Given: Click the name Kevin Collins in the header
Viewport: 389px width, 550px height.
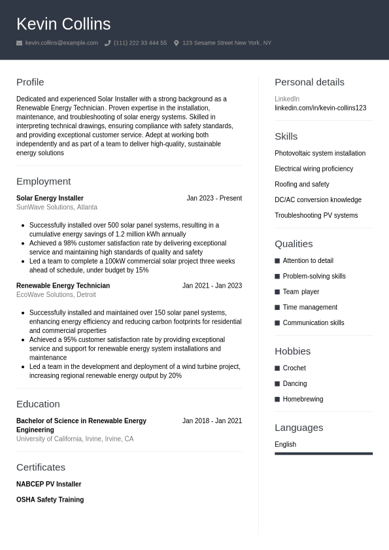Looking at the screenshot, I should pos(63,24).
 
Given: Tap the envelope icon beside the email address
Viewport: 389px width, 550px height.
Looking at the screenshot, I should pos(20,43).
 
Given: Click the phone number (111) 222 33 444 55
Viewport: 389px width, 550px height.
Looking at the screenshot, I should pos(140,43).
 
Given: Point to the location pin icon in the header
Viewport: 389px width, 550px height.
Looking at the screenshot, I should pos(176,43).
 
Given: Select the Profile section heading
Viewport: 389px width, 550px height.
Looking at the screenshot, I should pos(30,82).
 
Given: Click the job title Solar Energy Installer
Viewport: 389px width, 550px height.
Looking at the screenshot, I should pos(50,198).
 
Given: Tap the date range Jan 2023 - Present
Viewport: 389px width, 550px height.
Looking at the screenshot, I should pos(214,198).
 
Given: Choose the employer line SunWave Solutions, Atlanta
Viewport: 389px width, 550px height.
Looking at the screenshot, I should pos(57,207).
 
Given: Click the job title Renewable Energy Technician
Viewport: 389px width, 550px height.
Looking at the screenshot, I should pos(63,286).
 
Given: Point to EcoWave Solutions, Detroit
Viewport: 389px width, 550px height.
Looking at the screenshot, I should pos(56,295).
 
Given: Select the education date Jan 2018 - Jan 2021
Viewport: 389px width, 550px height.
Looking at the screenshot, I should pos(212,421).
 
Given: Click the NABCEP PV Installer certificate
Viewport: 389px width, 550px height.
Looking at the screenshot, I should pos(49,485).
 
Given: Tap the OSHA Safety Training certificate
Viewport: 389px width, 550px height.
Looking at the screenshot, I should pos(50,500).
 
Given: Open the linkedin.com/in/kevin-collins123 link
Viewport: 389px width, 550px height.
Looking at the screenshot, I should pos(320,108).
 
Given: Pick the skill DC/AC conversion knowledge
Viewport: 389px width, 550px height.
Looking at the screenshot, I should pos(318,200).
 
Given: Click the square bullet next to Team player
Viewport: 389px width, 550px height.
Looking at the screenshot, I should pos(277,292).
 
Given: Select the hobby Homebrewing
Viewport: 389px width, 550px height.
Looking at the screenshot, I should pos(303,399).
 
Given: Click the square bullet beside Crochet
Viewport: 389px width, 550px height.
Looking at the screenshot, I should pos(277,368).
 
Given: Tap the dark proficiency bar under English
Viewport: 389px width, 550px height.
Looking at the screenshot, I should pos(324,453).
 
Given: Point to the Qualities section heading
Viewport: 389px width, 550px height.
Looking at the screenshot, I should pos(294,243).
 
